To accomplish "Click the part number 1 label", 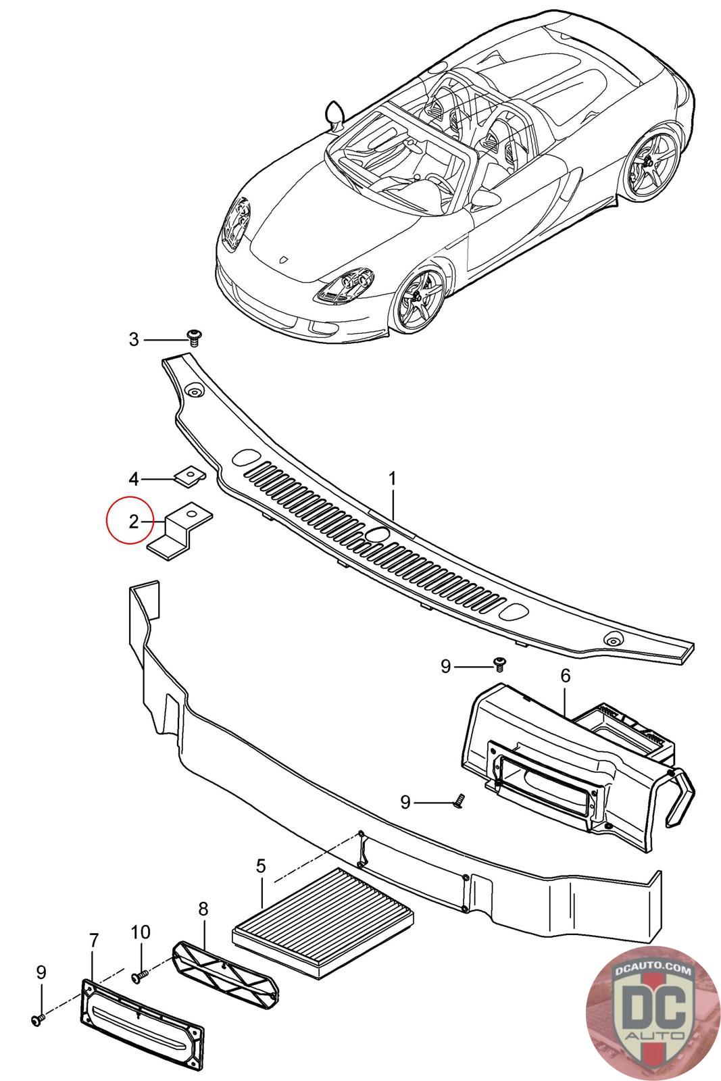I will coord(392,479).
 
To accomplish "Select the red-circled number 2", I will coord(134,521).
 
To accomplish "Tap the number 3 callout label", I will coord(134,339).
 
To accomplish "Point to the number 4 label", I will coord(134,479).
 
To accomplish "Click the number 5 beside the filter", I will coord(261,866).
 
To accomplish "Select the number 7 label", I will coord(94,940).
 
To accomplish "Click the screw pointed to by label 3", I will coord(195,336).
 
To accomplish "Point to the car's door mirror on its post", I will coord(334,114).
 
